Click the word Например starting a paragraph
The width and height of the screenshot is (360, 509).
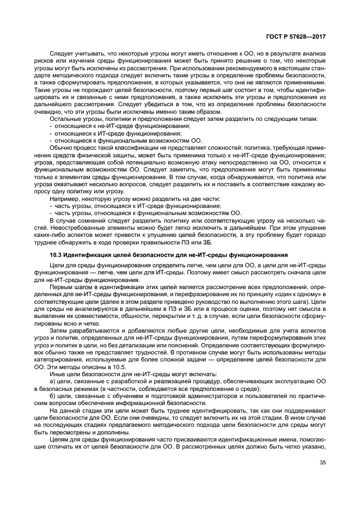(x=65, y=199)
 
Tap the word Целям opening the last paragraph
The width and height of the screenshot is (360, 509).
(x=61, y=439)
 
